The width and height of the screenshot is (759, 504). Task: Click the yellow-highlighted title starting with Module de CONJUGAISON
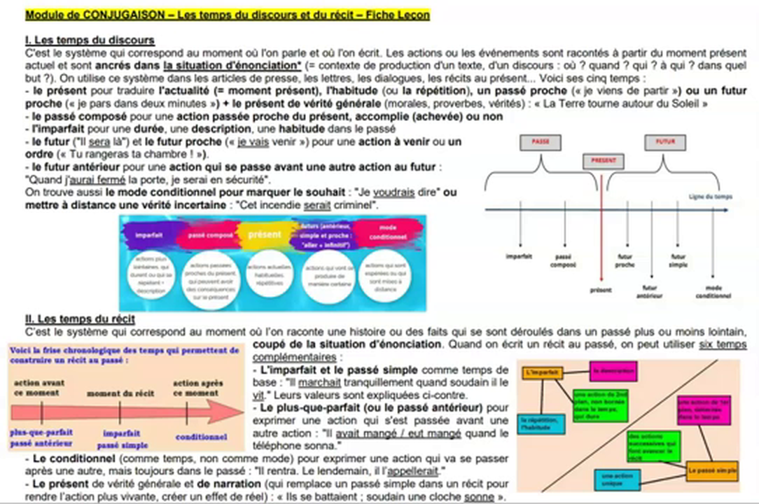point(227,15)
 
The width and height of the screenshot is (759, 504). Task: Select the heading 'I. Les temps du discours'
point(90,41)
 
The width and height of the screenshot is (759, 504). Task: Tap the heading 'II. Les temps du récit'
point(79,320)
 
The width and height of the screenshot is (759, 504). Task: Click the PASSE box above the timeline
point(541,141)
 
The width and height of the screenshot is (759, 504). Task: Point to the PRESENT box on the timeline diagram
point(603,160)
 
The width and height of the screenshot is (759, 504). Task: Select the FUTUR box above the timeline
point(664,141)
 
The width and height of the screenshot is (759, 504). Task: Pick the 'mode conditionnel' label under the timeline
point(713,291)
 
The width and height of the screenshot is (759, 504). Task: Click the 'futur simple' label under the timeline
point(678,260)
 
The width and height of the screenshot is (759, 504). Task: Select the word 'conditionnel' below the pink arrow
point(201,437)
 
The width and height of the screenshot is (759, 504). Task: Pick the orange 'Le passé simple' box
point(711,471)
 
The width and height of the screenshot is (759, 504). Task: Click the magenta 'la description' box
point(613,370)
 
